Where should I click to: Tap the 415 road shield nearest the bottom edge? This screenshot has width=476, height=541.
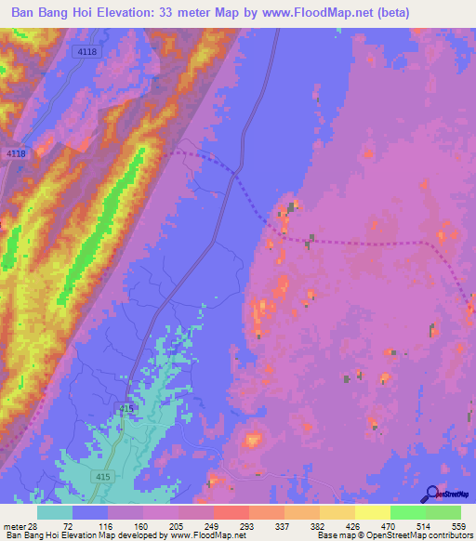coord(102,477)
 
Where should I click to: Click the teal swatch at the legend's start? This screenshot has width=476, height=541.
coord(55,512)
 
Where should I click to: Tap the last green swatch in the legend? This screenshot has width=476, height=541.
coord(443,512)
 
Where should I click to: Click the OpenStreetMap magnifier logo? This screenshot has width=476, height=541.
coord(432,493)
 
